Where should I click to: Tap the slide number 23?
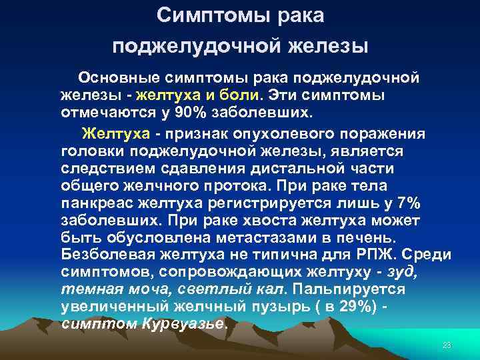pyautogui.click(x=447, y=345)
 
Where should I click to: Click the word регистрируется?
pyautogui.click(x=263, y=203)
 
